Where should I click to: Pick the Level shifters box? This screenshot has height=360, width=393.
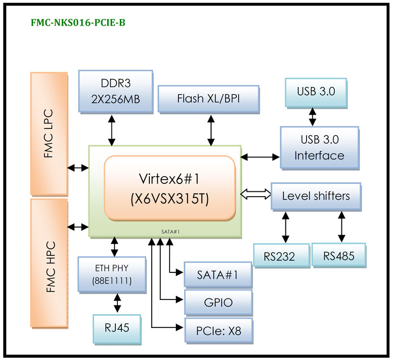click(316, 196)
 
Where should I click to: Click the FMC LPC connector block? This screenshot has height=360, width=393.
click(48, 134)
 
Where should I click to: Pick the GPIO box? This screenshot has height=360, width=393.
click(218, 302)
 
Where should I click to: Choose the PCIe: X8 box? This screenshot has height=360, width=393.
click(218, 330)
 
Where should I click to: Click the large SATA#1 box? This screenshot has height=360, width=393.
click(218, 274)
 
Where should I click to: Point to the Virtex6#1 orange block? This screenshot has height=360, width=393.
click(169, 187)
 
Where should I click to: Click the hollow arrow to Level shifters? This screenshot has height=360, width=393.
click(255, 194)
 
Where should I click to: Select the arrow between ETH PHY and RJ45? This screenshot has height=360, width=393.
click(117, 303)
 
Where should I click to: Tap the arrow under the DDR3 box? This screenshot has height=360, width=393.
click(112, 130)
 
